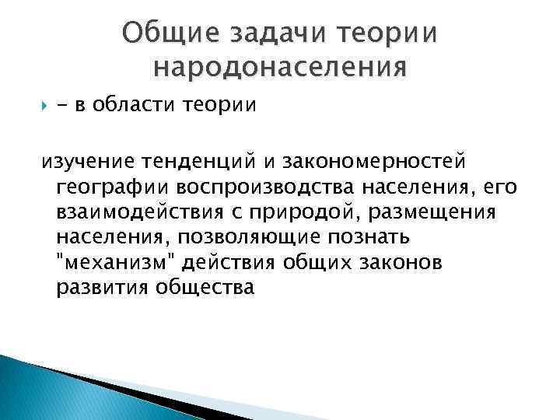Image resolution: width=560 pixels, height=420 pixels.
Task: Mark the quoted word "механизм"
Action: point(116,262)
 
